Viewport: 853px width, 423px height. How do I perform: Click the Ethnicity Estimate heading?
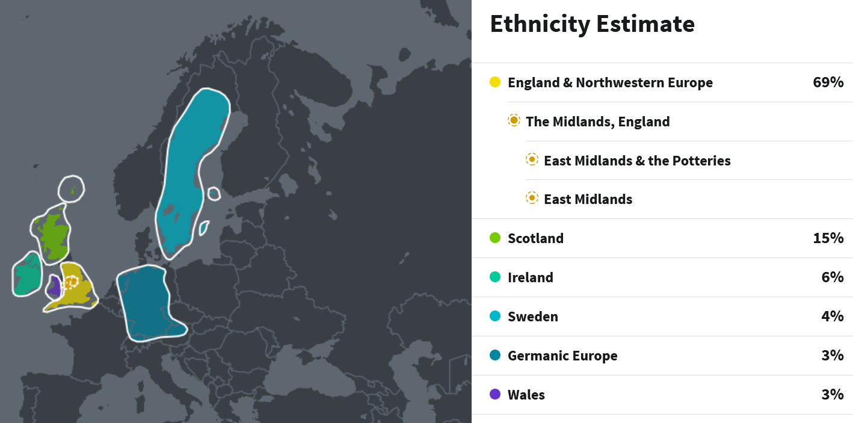tap(592, 24)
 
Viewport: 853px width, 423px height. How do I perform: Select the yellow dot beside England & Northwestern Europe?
tap(495, 82)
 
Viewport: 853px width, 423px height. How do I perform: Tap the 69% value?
tap(828, 82)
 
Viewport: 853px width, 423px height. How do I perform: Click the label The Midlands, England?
tap(597, 122)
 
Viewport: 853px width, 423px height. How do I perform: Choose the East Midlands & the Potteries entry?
tap(636, 161)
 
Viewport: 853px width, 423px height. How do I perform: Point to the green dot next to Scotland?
tap(495, 238)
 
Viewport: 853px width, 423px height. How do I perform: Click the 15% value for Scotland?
tap(828, 238)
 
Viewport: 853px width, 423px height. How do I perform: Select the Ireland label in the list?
tap(530, 277)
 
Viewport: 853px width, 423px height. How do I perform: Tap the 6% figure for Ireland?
tap(832, 277)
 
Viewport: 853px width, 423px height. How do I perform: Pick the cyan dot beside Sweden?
tap(495, 316)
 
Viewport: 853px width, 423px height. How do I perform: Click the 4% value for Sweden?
tap(832, 316)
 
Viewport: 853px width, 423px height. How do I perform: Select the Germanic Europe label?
tap(562, 356)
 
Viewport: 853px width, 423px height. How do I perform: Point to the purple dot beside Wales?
tap(495, 394)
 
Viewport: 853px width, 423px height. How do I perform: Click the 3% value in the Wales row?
tap(832, 395)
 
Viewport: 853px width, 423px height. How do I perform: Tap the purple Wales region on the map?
tap(54, 288)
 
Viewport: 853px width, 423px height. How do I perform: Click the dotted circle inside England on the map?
tap(72, 282)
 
